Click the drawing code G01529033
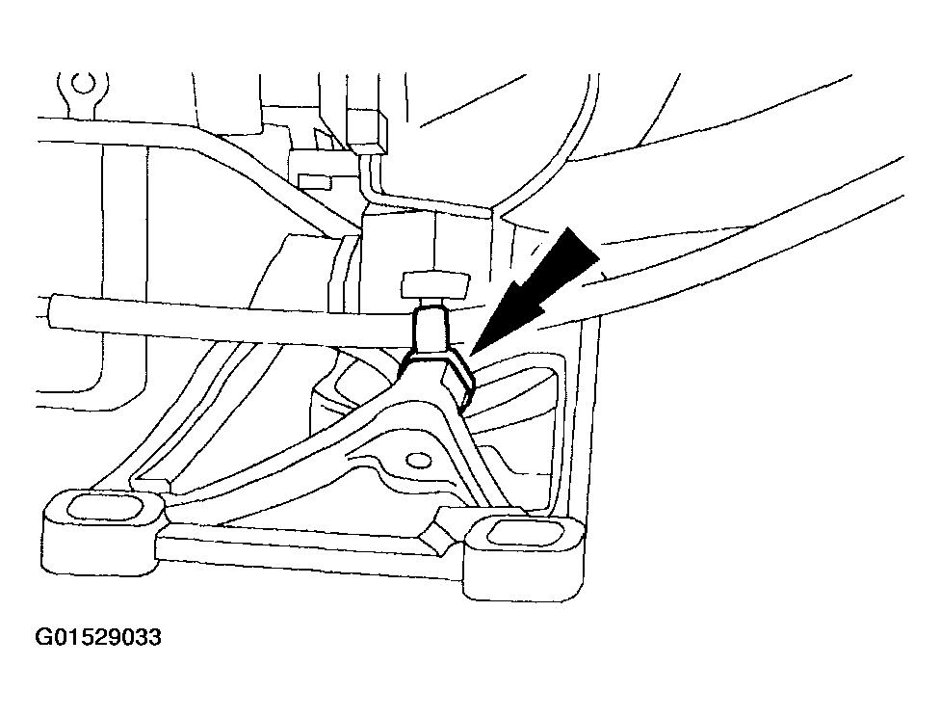[x=98, y=638]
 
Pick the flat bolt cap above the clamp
[x=433, y=284]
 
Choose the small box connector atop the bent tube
[x=369, y=131]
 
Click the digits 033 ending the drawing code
[x=143, y=638]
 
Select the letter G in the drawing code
[x=42, y=638]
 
